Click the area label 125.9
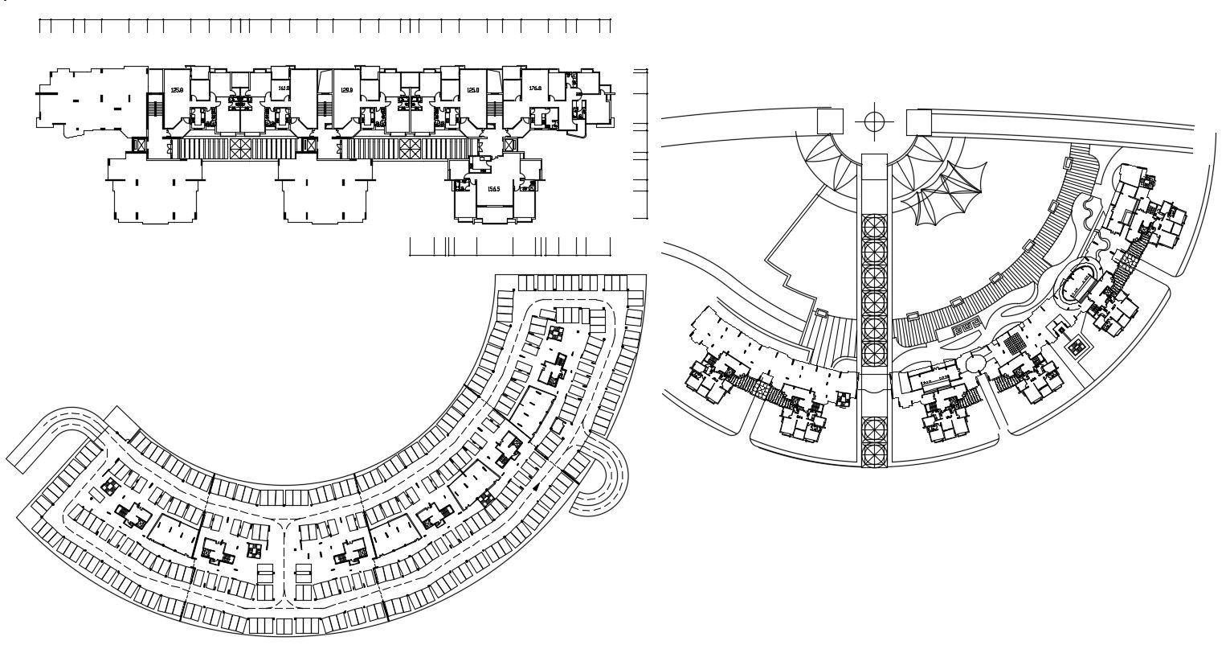[x=176, y=91]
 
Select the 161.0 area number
[x=283, y=89]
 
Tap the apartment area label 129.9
[x=347, y=91]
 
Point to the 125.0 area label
[x=473, y=91]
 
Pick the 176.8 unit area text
[x=535, y=89]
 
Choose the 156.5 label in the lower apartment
[x=494, y=189]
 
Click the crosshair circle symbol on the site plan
[x=875, y=121]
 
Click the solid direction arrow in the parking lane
[x=534, y=487]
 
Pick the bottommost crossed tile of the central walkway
[x=874, y=455]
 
